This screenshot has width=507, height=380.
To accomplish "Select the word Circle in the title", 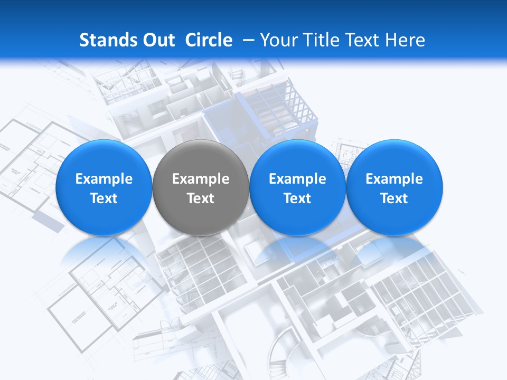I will point(209,40).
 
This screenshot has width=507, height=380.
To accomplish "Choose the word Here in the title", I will point(405,40).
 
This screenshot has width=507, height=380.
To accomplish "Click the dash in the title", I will point(249,40).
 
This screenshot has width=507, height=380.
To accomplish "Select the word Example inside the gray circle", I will point(201,179).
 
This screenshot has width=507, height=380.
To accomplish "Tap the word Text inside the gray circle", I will point(201,198).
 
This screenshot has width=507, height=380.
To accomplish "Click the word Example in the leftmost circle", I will point(104,179).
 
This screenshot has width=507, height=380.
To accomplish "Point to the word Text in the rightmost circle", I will point(395,198).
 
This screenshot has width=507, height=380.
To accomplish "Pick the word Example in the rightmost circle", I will point(395,179).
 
